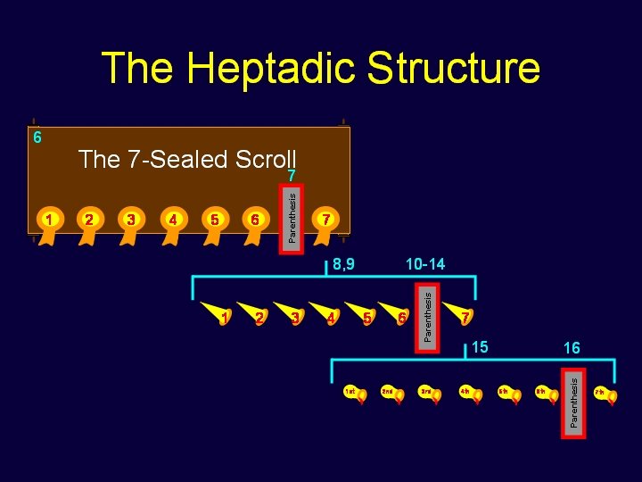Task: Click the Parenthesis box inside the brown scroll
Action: click(292, 212)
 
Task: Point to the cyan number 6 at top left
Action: click(37, 137)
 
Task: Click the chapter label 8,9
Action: click(343, 264)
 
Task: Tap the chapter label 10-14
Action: click(424, 264)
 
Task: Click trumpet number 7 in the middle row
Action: click(465, 316)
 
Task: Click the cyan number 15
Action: click(481, 346)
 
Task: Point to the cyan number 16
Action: click(571, 347)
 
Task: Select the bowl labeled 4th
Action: click(469, 394)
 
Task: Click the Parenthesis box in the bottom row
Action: click(574, 401)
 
